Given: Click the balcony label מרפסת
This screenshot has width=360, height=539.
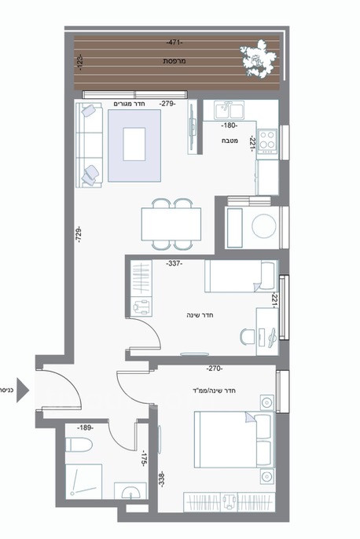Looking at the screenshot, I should click(x=174, y=60).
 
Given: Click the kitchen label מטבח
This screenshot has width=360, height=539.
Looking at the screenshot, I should click(x=230, y=141).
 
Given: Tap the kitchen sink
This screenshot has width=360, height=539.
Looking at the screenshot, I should click(x=227, y=110).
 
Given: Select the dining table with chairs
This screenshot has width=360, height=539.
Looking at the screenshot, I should click(x=170, y=222).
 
